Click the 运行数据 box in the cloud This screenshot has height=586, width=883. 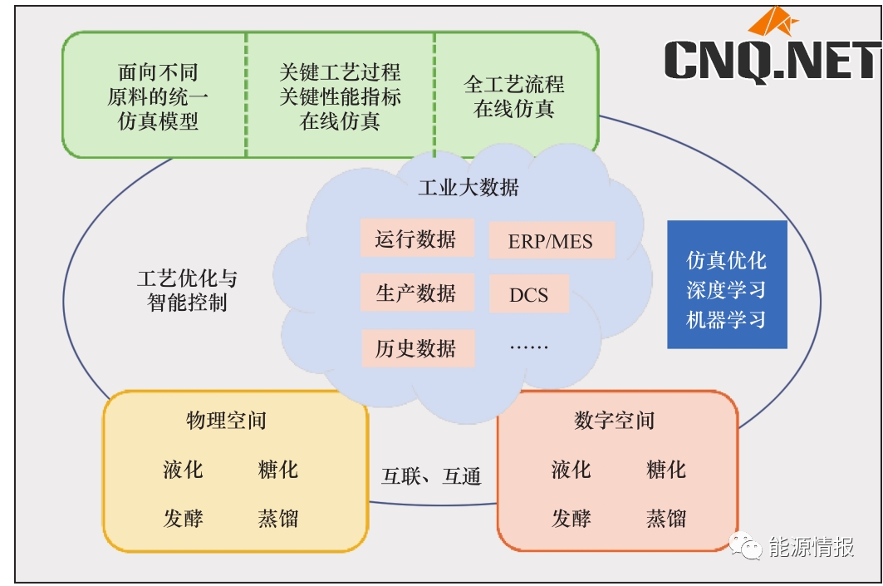416,239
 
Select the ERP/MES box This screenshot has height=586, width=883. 551,241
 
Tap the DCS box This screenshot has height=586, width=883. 529,294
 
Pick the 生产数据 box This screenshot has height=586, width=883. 416,293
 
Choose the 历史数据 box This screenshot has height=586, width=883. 416,347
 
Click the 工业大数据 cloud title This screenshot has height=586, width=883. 468,187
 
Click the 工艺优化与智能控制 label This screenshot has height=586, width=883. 187,290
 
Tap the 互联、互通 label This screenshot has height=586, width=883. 431,476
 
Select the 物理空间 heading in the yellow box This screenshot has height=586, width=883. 226,421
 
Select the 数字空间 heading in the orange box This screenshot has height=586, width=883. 614,421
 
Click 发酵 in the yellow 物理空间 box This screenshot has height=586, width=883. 183,520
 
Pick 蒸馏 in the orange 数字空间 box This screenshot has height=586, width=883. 666,520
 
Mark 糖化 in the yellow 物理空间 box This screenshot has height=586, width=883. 278,470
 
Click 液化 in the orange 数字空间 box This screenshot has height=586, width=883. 571,470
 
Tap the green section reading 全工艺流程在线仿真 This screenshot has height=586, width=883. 514,96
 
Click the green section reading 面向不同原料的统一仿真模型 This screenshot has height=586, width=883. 158,96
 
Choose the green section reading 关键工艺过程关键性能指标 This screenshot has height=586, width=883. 341,96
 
